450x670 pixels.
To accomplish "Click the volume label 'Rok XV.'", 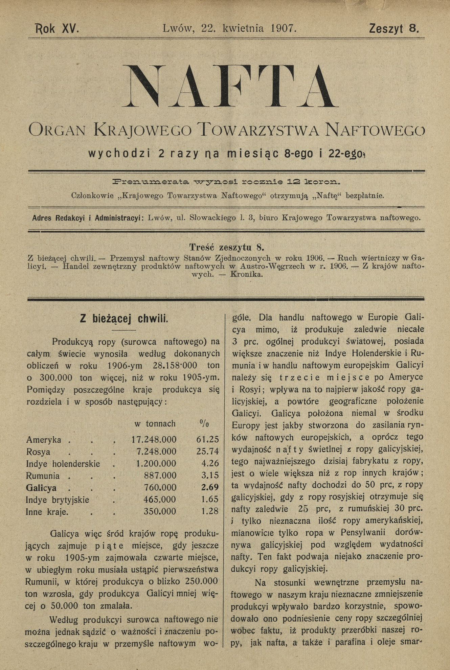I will point(57,28).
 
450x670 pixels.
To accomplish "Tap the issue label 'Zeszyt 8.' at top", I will point(394,28).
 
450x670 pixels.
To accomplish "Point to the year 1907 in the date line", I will point(283,28).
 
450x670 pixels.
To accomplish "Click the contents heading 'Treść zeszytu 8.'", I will point(226,247).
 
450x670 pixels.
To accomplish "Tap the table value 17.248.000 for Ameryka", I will point(154,439).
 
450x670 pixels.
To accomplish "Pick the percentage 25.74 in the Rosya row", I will point(207,451).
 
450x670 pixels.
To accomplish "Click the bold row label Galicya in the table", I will point(41,488).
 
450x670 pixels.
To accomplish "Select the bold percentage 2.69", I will point(210,487).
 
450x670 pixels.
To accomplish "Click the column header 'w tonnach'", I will point(155,423).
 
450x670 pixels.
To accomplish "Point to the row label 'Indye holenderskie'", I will point(63,463).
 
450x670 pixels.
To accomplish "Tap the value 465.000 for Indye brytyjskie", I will point(160,500).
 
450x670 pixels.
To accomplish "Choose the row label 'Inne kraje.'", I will point(47,512).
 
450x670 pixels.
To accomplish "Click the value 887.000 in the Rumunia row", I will point(160,476).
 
